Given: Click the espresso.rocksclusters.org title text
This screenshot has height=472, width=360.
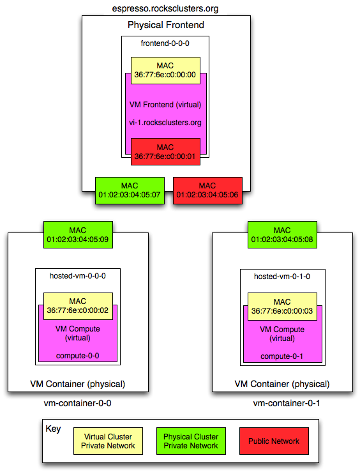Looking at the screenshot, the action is click(x=165, y=8).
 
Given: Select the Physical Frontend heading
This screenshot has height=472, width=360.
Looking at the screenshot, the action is click(x=166, y=25).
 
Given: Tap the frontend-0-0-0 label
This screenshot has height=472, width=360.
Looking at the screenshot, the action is click(x=165, y=43).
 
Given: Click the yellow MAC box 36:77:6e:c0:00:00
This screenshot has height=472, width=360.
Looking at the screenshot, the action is click(x=165, y=70).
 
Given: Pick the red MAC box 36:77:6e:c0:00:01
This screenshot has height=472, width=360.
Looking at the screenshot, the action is click(x=165, y=152).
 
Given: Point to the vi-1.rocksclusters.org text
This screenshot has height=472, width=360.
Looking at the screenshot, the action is click(x=165, y=123).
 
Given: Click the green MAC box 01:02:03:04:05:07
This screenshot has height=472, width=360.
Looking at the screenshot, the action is click(x=130, y=190).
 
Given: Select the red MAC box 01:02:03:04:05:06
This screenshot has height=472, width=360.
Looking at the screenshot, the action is click(x=207, y=190).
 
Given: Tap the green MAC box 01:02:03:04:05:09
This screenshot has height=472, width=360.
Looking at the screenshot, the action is click(x=78, y=235).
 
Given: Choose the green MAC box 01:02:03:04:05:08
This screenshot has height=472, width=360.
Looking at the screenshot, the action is click(x=282, y=235).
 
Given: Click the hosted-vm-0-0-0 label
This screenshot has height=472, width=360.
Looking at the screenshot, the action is click(x=78, y=276).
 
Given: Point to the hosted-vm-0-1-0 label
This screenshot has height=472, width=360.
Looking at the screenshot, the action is click(x=282, y=277).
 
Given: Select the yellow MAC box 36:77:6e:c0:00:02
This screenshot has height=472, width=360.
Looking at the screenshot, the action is click(x=78, y=306).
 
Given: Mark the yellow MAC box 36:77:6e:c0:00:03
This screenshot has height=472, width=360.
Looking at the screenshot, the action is click(x=282, y=307).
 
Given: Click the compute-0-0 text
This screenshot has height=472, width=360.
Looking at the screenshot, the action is click(x=78, y=356).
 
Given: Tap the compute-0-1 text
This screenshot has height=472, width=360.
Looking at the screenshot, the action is click(x=281, y=356).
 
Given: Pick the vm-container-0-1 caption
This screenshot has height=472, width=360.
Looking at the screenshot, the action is click(x=287, y=403).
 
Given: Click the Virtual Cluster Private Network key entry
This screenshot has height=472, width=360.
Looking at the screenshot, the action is click(x=108, y=441).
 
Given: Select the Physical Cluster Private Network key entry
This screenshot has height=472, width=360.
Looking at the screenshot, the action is click(x=191, y=441).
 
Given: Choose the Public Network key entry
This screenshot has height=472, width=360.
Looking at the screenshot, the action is click(x=274, y=441).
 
